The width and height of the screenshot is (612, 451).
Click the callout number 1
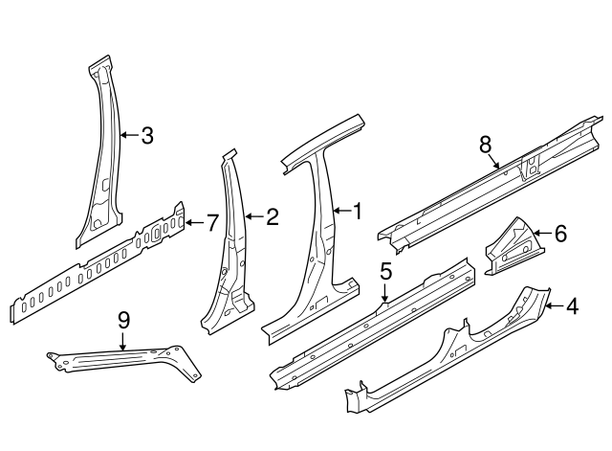coord(358,210)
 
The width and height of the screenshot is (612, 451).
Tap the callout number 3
coord(146,136)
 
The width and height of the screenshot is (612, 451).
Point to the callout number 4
coord(572,306)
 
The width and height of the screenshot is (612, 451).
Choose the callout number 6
coord(560,232)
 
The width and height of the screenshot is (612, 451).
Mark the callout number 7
coord(212,222)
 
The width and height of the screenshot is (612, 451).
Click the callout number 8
coord(486,144)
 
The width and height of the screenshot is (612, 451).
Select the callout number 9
coord(123,320)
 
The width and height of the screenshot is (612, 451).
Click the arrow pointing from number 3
coord(129,136)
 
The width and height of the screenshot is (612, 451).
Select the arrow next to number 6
coord(542,232)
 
